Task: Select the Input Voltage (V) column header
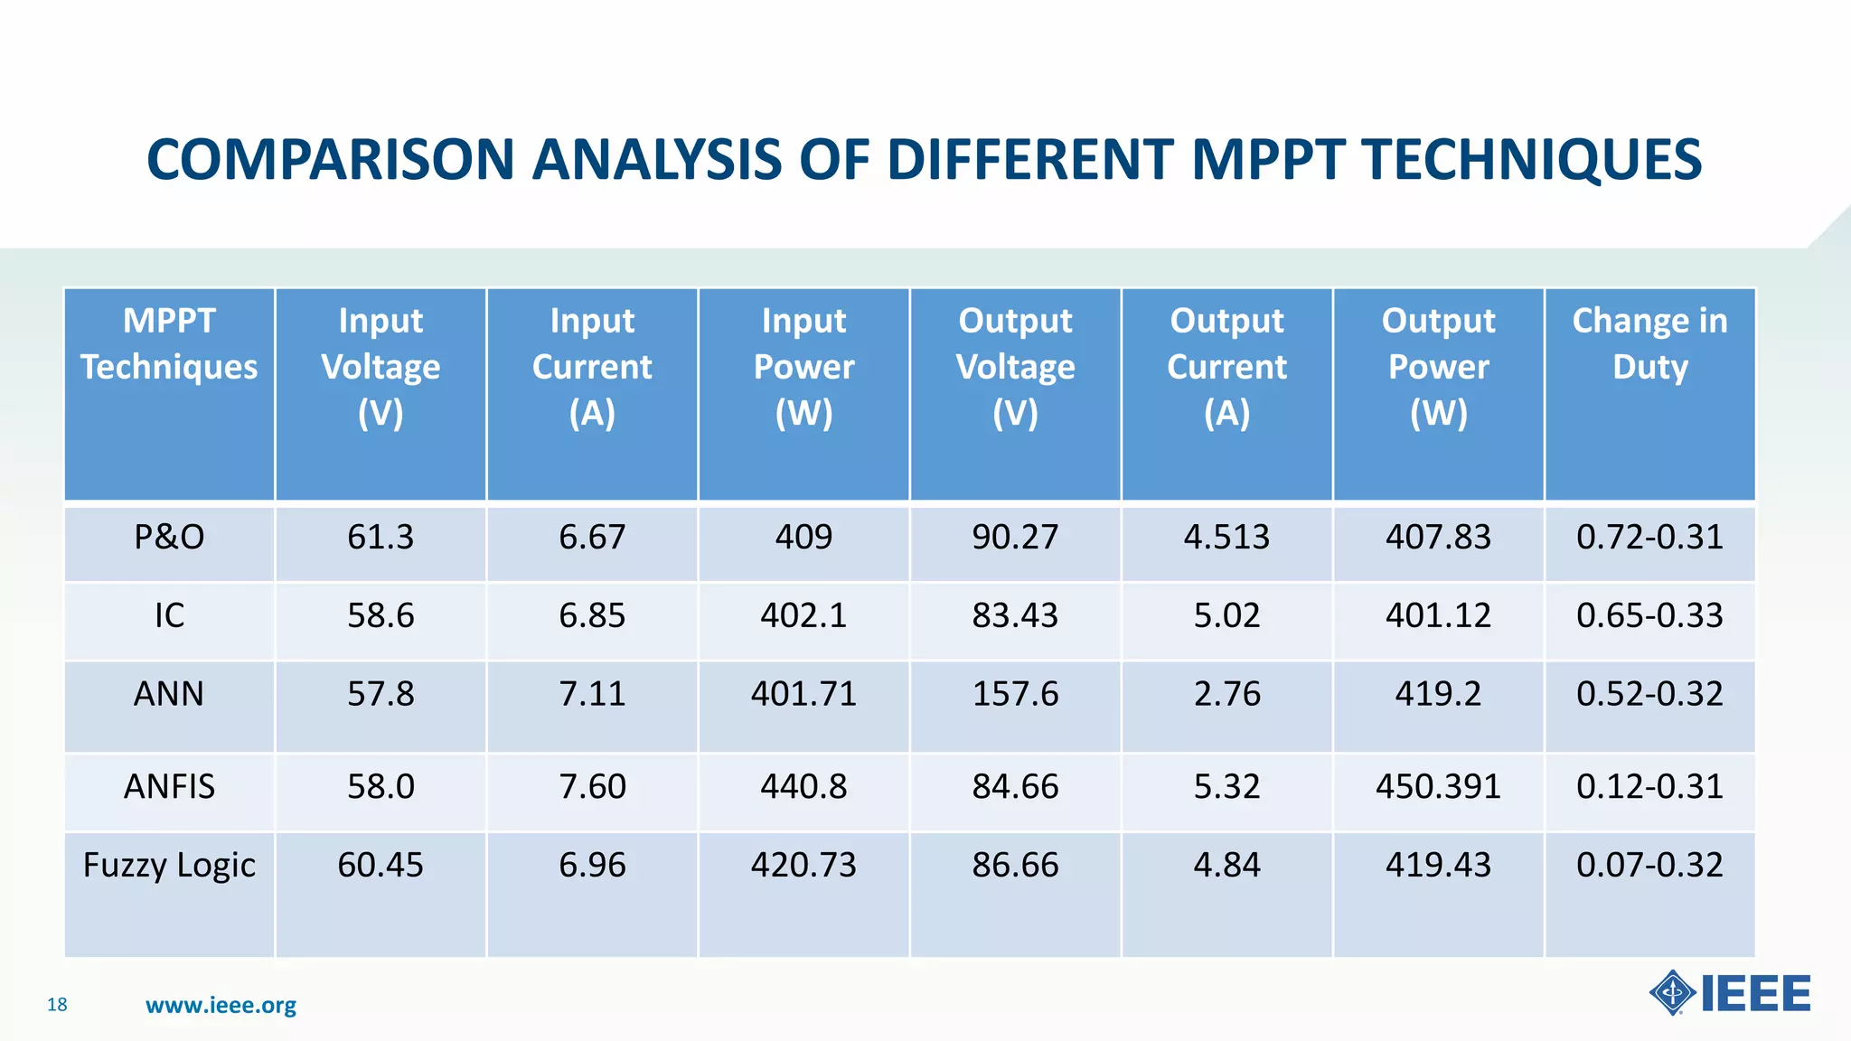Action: [381, 367]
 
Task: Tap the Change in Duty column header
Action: [1649, 344]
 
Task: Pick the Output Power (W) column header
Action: [1438, 367]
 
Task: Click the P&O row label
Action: [169, 538]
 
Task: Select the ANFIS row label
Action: [169, 787]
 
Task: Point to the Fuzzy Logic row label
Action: [169, 866]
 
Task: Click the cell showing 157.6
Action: [1015, 694]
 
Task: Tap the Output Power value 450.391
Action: [1438, 787]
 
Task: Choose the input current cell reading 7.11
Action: [592, 694]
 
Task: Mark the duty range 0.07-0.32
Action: [1649, 866]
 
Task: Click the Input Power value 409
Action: [803, 538]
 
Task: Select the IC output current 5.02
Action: [1226, 616]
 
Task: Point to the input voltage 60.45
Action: [381, 866]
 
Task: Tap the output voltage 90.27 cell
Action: [1015, 538]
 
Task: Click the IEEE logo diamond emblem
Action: [1673, 993]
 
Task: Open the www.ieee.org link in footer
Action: [221, 1006]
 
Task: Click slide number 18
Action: [57, 1005]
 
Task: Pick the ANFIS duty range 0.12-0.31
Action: [1649, 787]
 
